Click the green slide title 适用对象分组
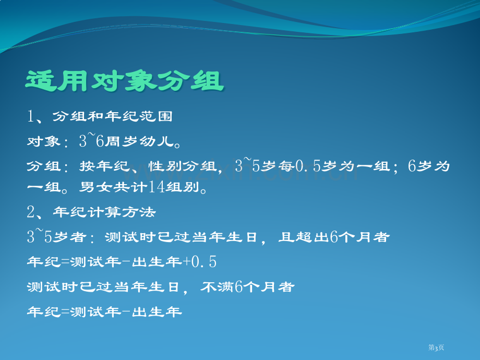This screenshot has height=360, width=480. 125,81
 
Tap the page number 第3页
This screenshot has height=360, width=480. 436,347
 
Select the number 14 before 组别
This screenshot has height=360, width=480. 157,187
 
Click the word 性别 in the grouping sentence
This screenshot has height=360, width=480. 165,166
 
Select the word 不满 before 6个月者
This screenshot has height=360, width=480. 218,287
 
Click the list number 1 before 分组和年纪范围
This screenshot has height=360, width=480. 31,116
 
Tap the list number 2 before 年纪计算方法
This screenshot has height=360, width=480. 31,212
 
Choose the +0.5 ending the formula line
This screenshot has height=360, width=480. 199,262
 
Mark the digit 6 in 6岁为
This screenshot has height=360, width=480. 412,166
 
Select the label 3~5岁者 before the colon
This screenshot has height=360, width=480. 57,236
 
